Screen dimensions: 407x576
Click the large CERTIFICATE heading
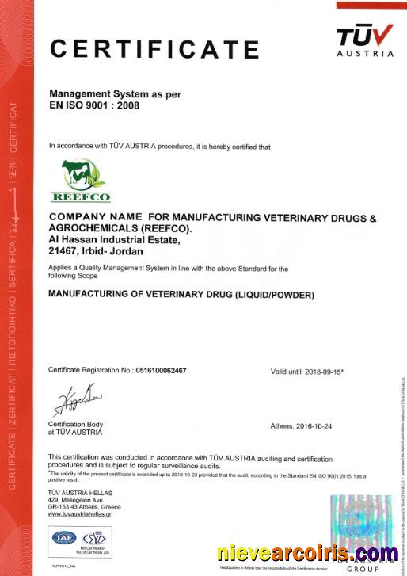(x=154, y=49)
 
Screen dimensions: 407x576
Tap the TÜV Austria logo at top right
(x=364, y=40)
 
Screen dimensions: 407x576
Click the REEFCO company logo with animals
(x=81, y=180)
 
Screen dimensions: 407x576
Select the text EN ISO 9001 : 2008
(x=94, y=105)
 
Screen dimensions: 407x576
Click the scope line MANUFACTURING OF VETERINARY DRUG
(x=181, y=296)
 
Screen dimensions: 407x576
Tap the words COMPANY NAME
(x=96, y=216)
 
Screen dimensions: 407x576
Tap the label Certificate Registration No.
(x=90, y=371)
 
